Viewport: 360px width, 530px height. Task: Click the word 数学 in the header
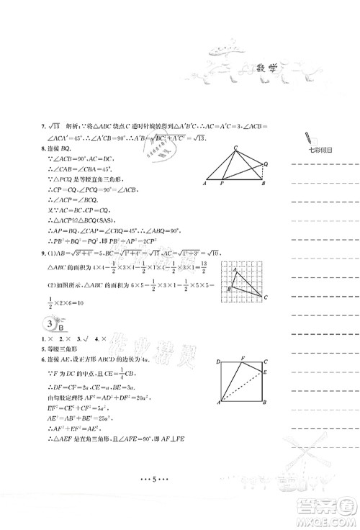coord(269,69)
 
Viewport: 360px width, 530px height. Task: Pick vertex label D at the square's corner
coord(218,359)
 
